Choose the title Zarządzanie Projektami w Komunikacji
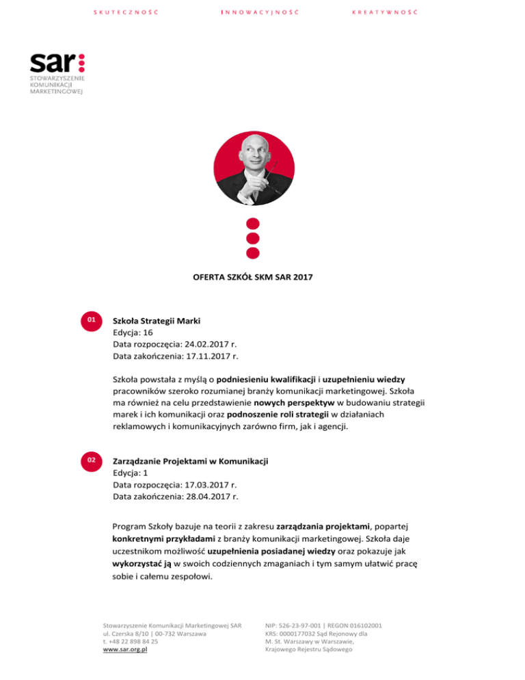coord(190,462)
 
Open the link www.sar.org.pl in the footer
coord(126,651)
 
